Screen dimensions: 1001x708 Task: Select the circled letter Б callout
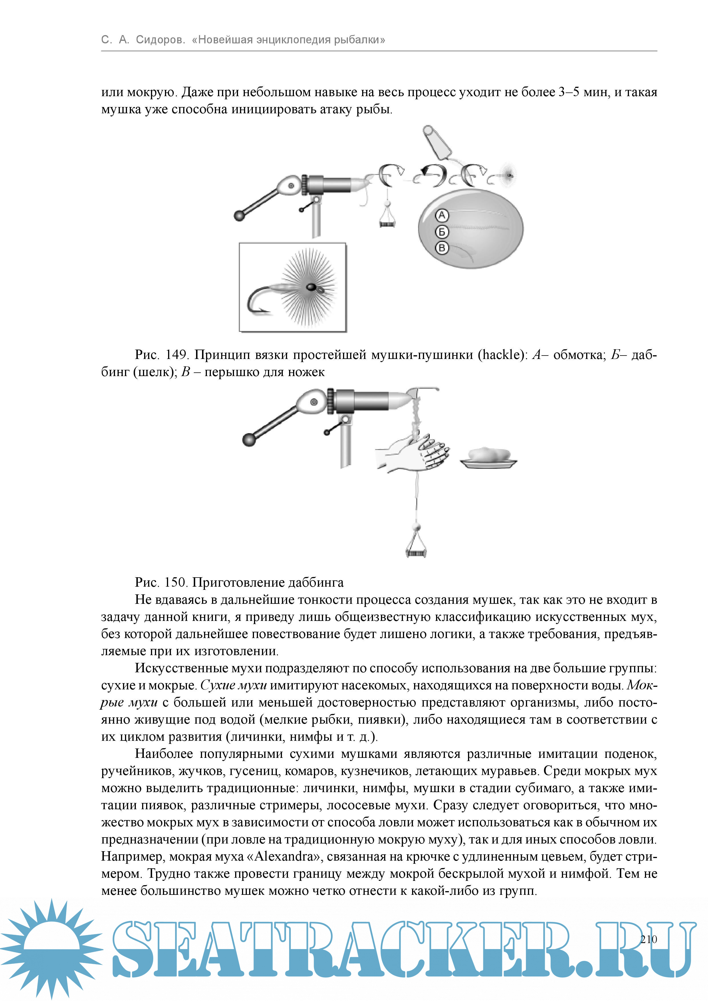(x=442, y=231)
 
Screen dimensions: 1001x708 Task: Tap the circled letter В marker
(x=442, y=248)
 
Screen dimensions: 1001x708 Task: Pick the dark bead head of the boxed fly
(x=311, y=287)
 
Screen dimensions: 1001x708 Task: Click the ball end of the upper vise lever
(x=239, y=215)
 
